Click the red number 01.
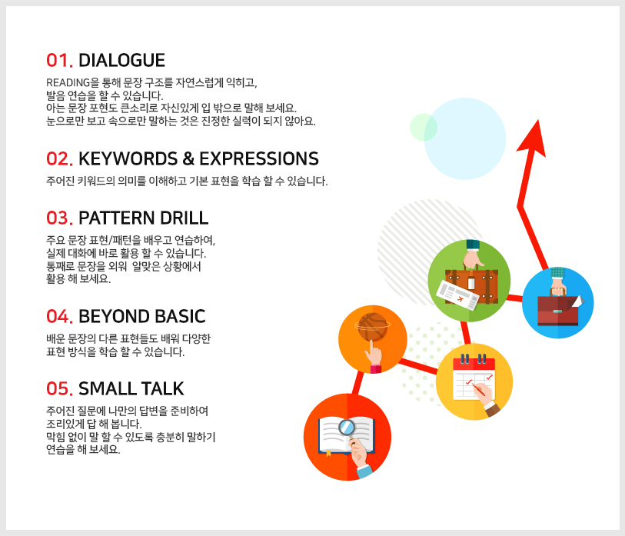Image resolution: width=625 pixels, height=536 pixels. pos(59,61)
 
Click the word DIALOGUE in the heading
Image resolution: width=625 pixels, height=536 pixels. pos(121,61)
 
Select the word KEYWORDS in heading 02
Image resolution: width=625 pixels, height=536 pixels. pos(128,158)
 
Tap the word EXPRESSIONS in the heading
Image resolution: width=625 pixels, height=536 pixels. pos(259,158)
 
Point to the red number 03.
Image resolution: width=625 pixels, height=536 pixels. pos(59,218)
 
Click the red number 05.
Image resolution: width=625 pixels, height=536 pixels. pos(59,389)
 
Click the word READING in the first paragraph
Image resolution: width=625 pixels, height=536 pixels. pos(68,82)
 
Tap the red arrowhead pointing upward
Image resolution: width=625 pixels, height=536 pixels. pos(532,138)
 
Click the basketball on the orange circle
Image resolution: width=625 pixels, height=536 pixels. pos(373,327)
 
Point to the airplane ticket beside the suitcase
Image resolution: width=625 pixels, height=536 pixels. pos(457,295)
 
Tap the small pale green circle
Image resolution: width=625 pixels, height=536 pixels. pos(424,127)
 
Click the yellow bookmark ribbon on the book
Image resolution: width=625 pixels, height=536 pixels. pos(328,453)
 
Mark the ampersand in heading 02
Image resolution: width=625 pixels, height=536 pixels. pos(188,158)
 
